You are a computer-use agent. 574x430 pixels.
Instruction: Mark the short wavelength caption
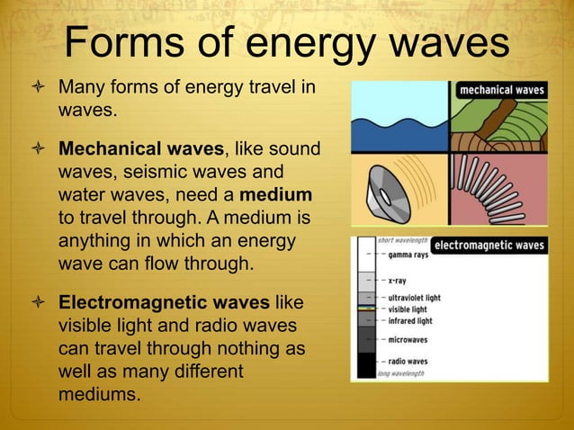click(400, 240)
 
